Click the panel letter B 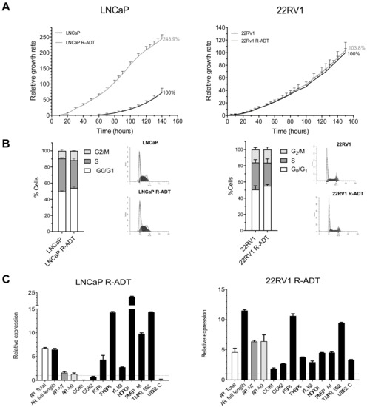(7, 138)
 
